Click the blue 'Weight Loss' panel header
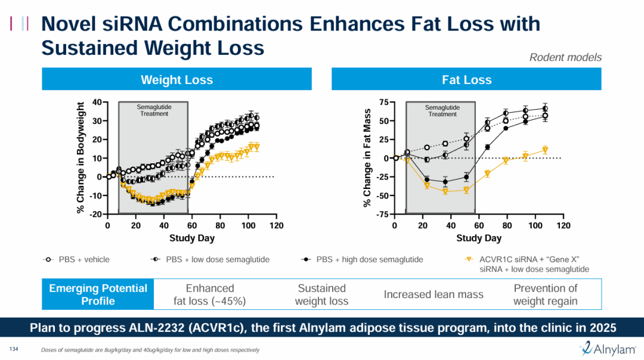tap(177, 80)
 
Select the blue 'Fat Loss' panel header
tap(467, 80)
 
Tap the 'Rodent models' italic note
tap(565, 57)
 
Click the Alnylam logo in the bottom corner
tap(608, 349)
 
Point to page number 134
tap(14, 349)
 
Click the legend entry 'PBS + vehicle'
tap(83, 259)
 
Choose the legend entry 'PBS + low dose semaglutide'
tap(217, 259)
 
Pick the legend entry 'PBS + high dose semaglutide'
tap(369, 259)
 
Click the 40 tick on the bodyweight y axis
tap(97, 102)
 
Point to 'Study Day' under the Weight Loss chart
tap(191, 238)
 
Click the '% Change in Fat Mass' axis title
tap(367, 158)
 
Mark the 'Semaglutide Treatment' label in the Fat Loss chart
tap(442, 111)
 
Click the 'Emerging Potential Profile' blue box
tap(98, 294)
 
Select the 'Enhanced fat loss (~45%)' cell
tap(210, 294)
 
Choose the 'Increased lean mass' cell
tap(434, 294)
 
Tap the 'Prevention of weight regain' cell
tap(545, 294)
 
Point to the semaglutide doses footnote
tap(150, 350)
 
